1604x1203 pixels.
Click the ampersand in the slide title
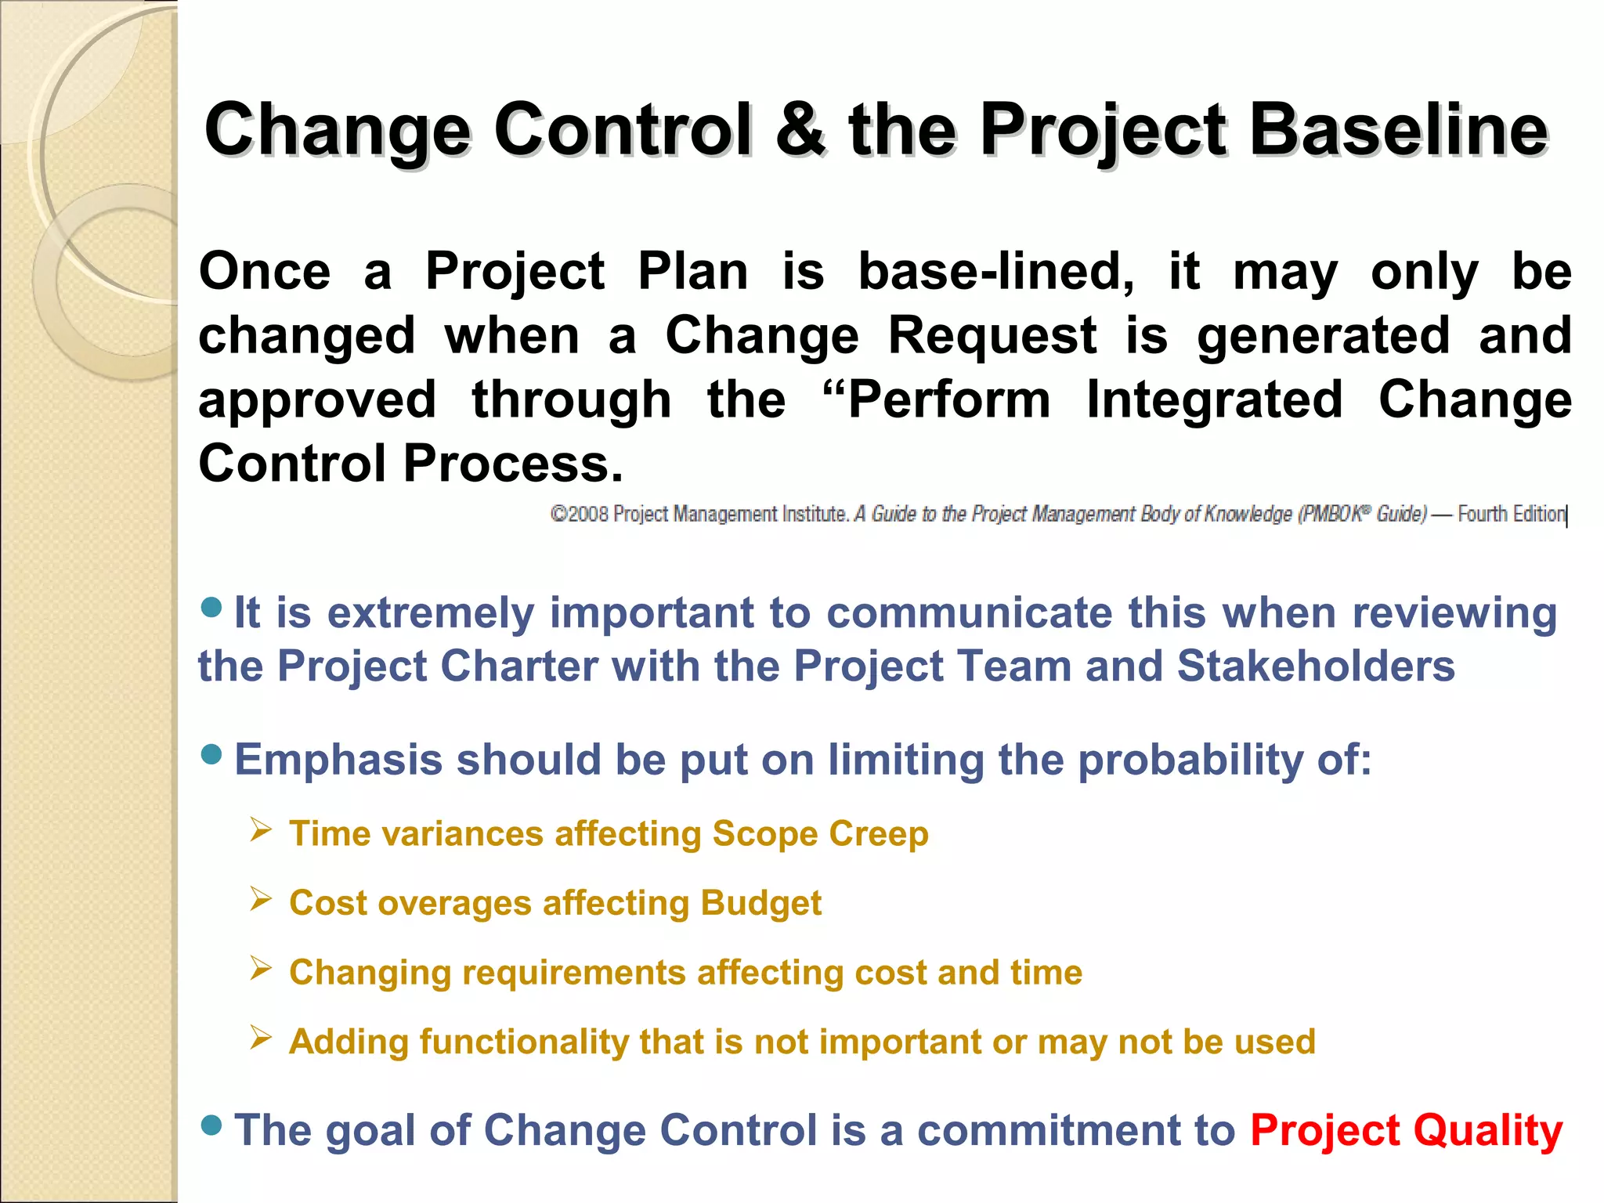tap(800, 130)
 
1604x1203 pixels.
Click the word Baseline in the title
tap(1398, 130)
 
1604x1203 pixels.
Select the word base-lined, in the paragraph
tap(995, 273)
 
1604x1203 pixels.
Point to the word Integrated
tap(1214, 400)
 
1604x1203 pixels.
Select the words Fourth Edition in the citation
tap(1511, 515)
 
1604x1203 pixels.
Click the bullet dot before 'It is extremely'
tap(211, 607)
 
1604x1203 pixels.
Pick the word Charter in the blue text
tap(517, 667)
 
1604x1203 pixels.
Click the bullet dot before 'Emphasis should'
tap(211, 754)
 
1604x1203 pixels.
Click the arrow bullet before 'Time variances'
tap(261, 829)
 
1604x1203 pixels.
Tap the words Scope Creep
tap(820, 833)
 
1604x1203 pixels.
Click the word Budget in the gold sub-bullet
tap(760, 903)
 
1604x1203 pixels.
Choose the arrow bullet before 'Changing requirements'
tap(261, 968)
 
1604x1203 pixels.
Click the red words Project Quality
tap(1406, 1130)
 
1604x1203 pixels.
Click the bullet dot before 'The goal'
tap(211, 1125)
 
